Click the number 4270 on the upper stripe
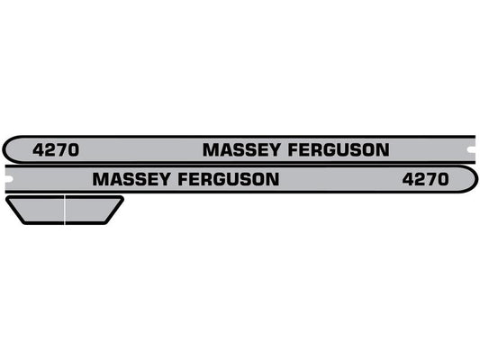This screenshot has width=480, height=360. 55,150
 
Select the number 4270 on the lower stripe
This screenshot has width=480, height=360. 424,179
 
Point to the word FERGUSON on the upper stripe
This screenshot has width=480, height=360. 333,150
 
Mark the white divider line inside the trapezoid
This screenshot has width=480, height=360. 65,210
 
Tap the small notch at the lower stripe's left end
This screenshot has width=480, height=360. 6,179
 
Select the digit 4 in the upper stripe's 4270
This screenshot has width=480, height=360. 38,150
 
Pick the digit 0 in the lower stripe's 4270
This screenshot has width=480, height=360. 441,179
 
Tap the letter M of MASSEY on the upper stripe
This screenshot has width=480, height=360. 209,150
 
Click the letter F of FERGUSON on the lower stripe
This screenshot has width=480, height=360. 186,179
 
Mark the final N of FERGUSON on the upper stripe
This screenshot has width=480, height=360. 383,150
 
